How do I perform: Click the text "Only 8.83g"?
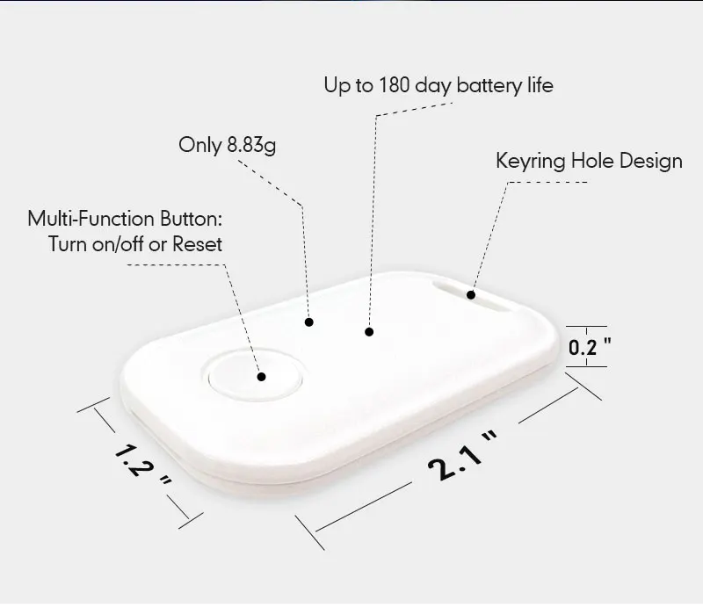[x=227, y=145]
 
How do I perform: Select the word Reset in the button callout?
[x=197, y=244]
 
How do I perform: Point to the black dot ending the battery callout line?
[x=369, y=332]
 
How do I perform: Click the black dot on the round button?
[x=262, y=376]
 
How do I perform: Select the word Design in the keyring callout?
[x=649, y=161]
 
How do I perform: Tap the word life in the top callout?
[x=539, y=85]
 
